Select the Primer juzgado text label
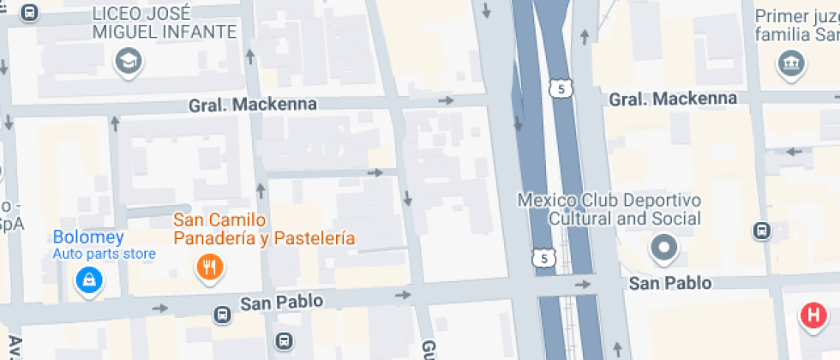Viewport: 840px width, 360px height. [x=795, y=25]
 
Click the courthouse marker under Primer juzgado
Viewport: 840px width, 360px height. [x=788, y=63]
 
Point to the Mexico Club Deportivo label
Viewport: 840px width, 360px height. [x=609, y=209]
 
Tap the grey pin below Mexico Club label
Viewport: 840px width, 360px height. [x=663, y=249]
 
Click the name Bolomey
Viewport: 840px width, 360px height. [x=88, y=237]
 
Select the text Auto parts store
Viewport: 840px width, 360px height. [x=104, y=254]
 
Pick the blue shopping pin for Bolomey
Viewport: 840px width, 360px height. [x=87, y=279]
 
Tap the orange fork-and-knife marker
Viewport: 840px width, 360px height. [x=209, y=267]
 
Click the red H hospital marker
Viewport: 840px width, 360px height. [x=813, y=315]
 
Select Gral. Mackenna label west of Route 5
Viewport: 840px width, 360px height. [x=253, y=105]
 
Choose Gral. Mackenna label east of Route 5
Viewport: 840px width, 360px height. [x=673, y=99]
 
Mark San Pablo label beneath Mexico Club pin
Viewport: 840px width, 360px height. [x=672, y=283]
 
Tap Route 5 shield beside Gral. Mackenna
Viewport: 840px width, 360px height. [x=561, y=88]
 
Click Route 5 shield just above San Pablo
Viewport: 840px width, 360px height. [x=540, y=257]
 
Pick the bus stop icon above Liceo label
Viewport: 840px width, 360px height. [x=30, y=13]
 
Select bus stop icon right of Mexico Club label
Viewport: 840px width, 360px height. [x=760, y=231]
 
